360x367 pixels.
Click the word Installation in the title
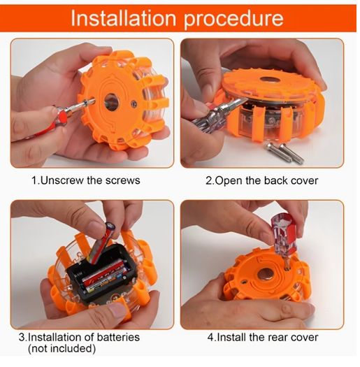pyautogui.click(x=123, y=18)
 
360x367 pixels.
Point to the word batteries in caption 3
pyautogui.click(x=118, y=337)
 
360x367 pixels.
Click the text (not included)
pyautogui.click(x=62, y=349)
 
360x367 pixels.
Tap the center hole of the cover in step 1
pyautogui.click(x=112, y=102)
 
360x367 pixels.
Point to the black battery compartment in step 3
pyautogui.click(x=100, y=275)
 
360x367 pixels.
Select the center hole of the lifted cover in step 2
pyautogui.click(x=270, y=80)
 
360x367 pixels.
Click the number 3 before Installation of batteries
pyautogui.click(x=22, y=338)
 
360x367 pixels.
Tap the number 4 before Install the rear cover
pyautogui.click(x=210, y=338)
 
